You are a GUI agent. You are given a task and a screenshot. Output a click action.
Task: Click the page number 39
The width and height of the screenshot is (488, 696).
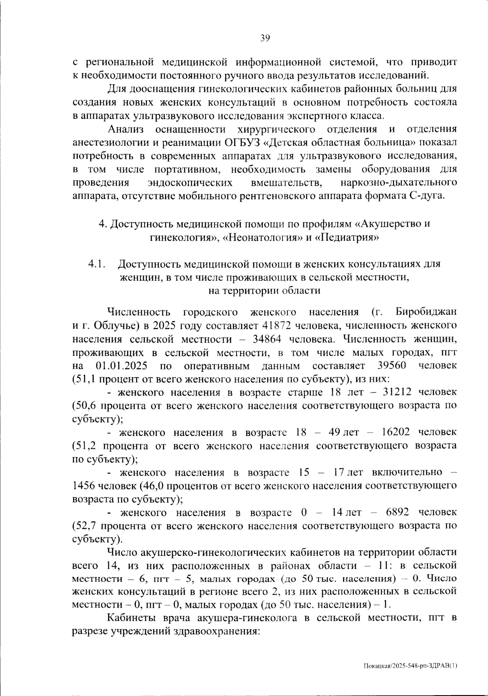[265, 38]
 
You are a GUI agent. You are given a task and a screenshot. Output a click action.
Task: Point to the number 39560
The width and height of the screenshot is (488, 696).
[392, 365]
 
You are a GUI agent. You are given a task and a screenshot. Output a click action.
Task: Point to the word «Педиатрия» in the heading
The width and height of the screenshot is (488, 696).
[347, 237]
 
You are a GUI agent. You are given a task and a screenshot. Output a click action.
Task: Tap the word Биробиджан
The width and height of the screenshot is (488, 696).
[425, 312]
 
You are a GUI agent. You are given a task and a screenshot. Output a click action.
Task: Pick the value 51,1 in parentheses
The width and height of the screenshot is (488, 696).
[85, 379]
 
